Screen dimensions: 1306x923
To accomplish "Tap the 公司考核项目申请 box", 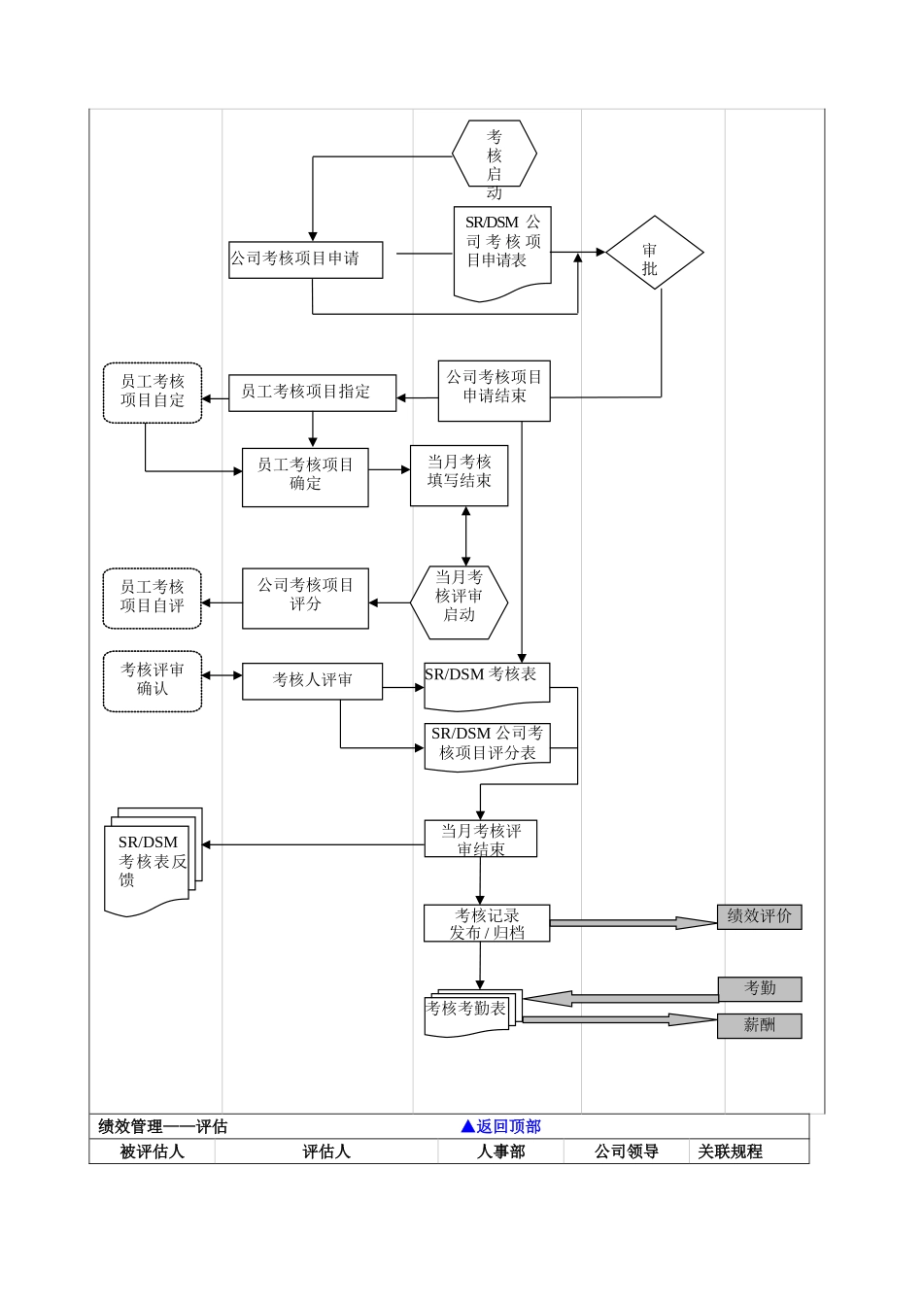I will [305, 259].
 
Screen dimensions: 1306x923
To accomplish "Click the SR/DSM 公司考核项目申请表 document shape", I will [502, 248].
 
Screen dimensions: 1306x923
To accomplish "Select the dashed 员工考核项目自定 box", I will [153, 393].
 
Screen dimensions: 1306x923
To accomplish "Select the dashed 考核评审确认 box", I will [153, 681].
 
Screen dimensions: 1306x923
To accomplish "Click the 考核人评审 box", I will [312, 681].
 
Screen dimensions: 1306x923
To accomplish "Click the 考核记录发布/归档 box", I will [487, 923].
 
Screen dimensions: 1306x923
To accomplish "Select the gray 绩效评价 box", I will [759, 916].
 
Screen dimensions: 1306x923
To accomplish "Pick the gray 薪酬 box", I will [759, 1025].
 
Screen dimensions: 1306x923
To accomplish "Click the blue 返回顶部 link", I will [501, 1126].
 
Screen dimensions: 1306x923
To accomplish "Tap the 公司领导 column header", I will [627, 1151].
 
